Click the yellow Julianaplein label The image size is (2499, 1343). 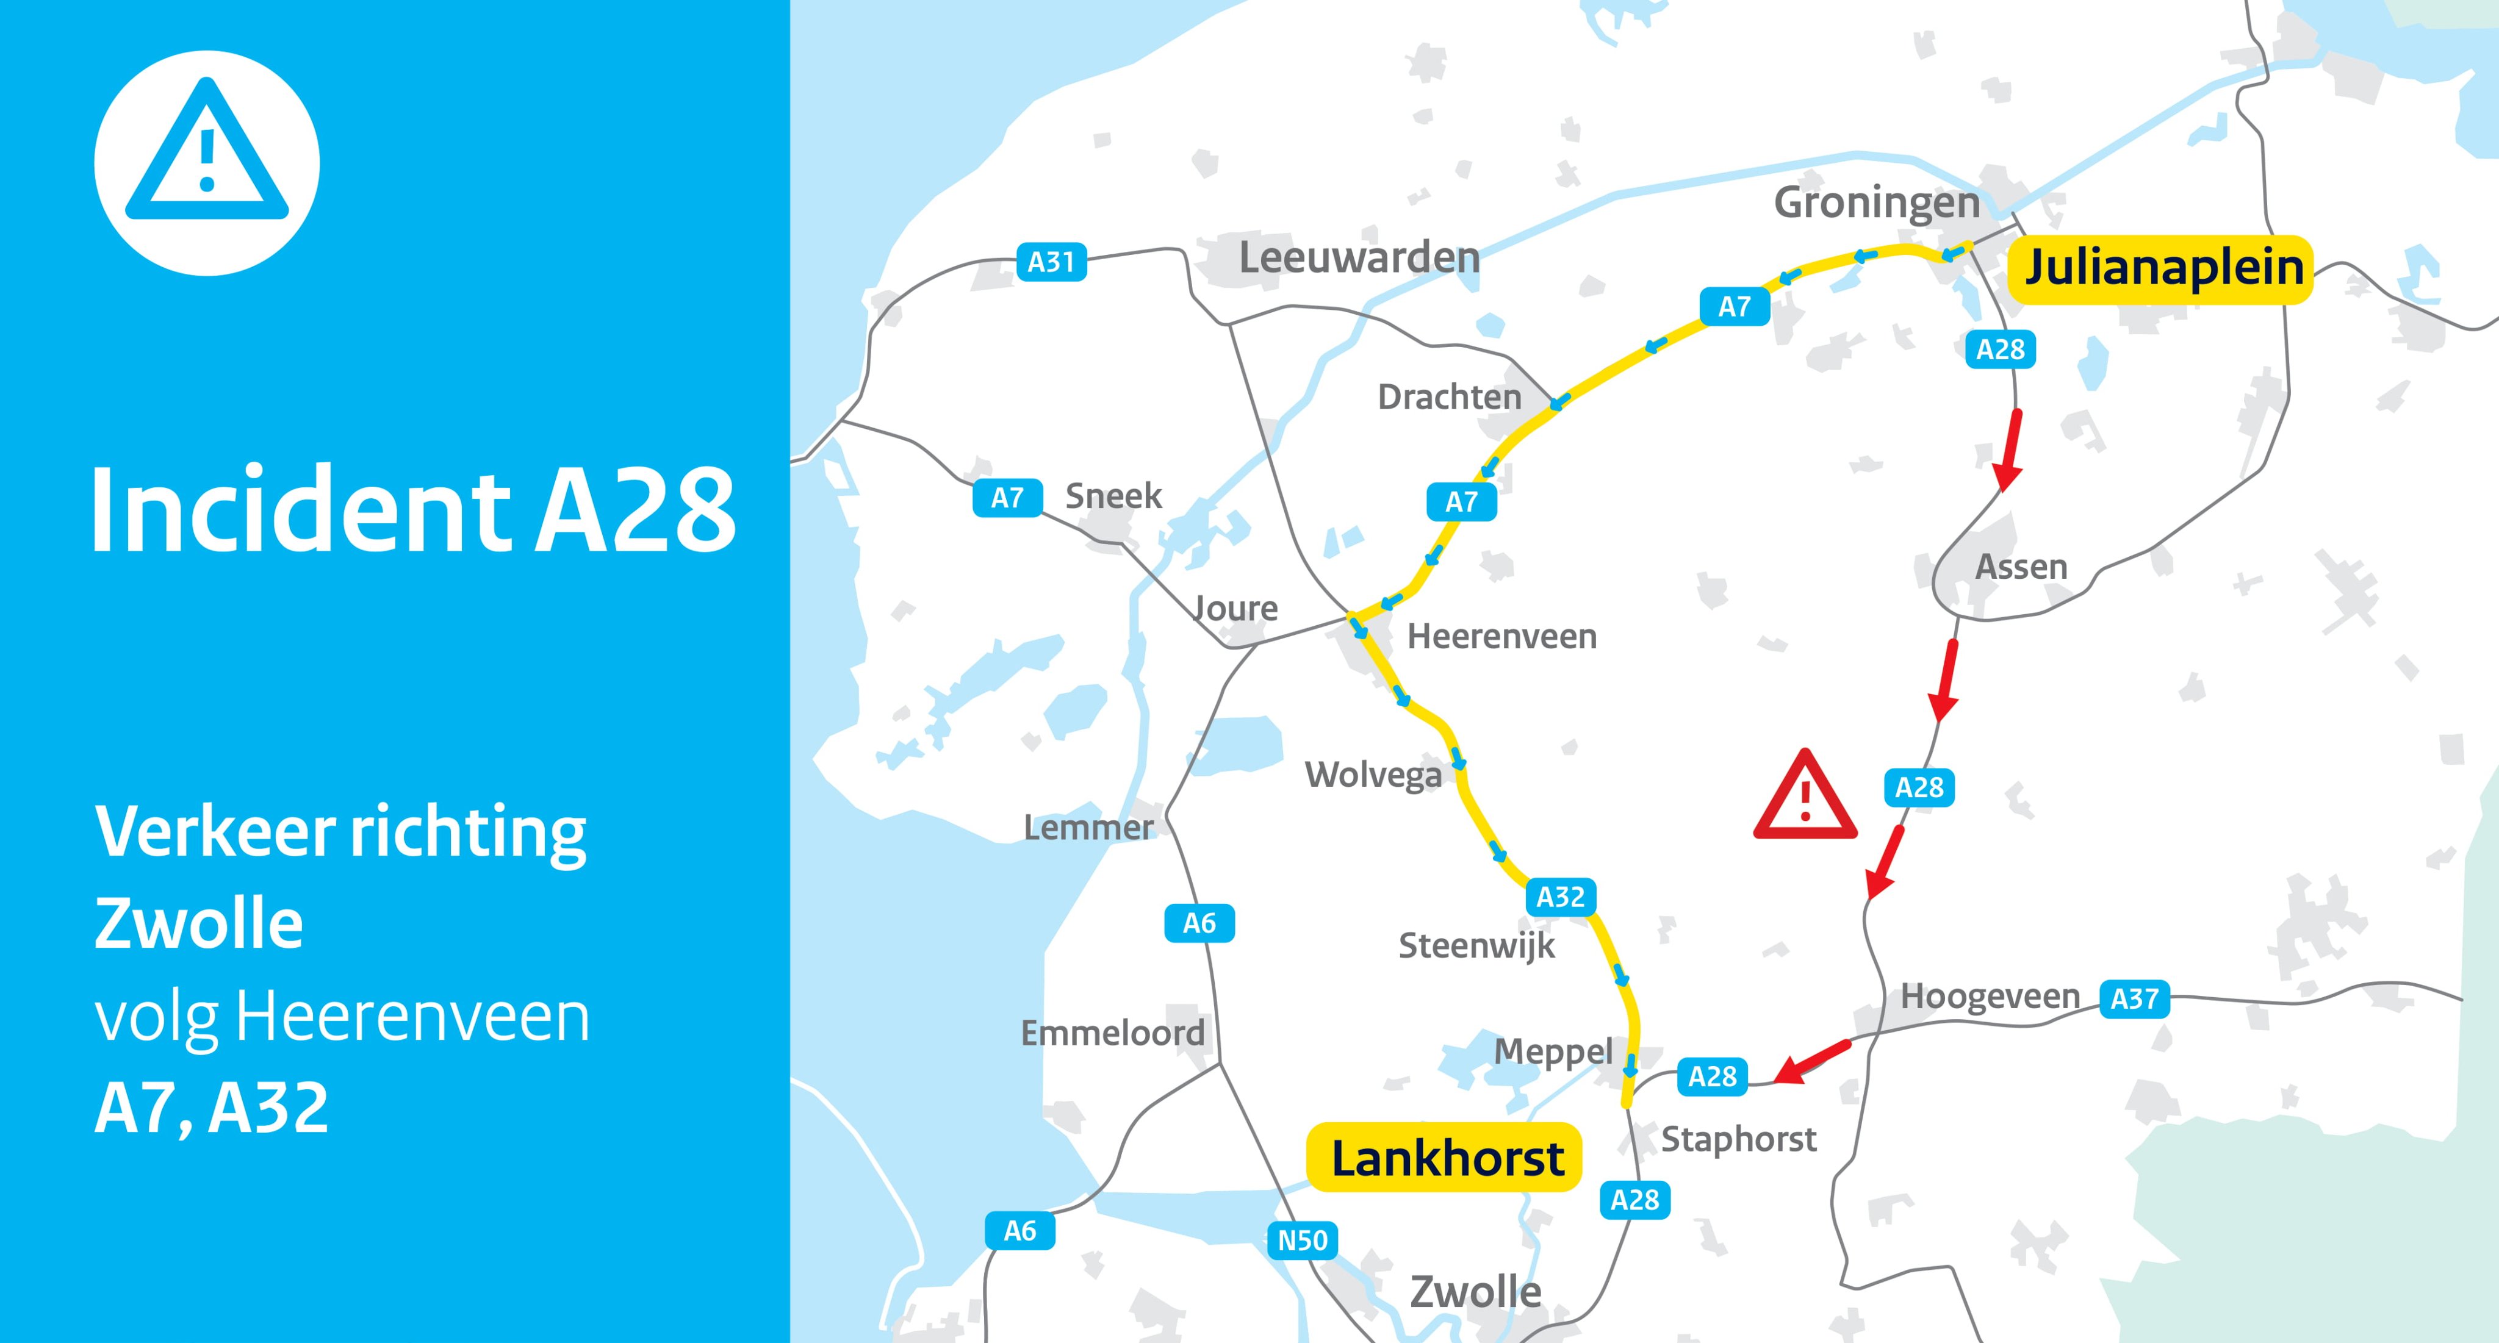click(x=2162, y=268)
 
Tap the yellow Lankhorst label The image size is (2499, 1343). click(x=1445, y=1158)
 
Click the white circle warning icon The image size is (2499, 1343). click(x=207, y=163)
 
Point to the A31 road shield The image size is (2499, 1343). click(x=1051, y=262)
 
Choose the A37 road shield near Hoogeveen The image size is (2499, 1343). click(x=2134, y=999)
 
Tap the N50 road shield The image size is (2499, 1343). click(x=1302, y=1240)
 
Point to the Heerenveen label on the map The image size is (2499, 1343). click(x=1501, y=637)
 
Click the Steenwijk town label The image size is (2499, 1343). click(x=1475, y=945)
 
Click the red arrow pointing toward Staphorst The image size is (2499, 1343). click(x=1810, y=1062)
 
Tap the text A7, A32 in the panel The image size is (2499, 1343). click(x=212, y=1108)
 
